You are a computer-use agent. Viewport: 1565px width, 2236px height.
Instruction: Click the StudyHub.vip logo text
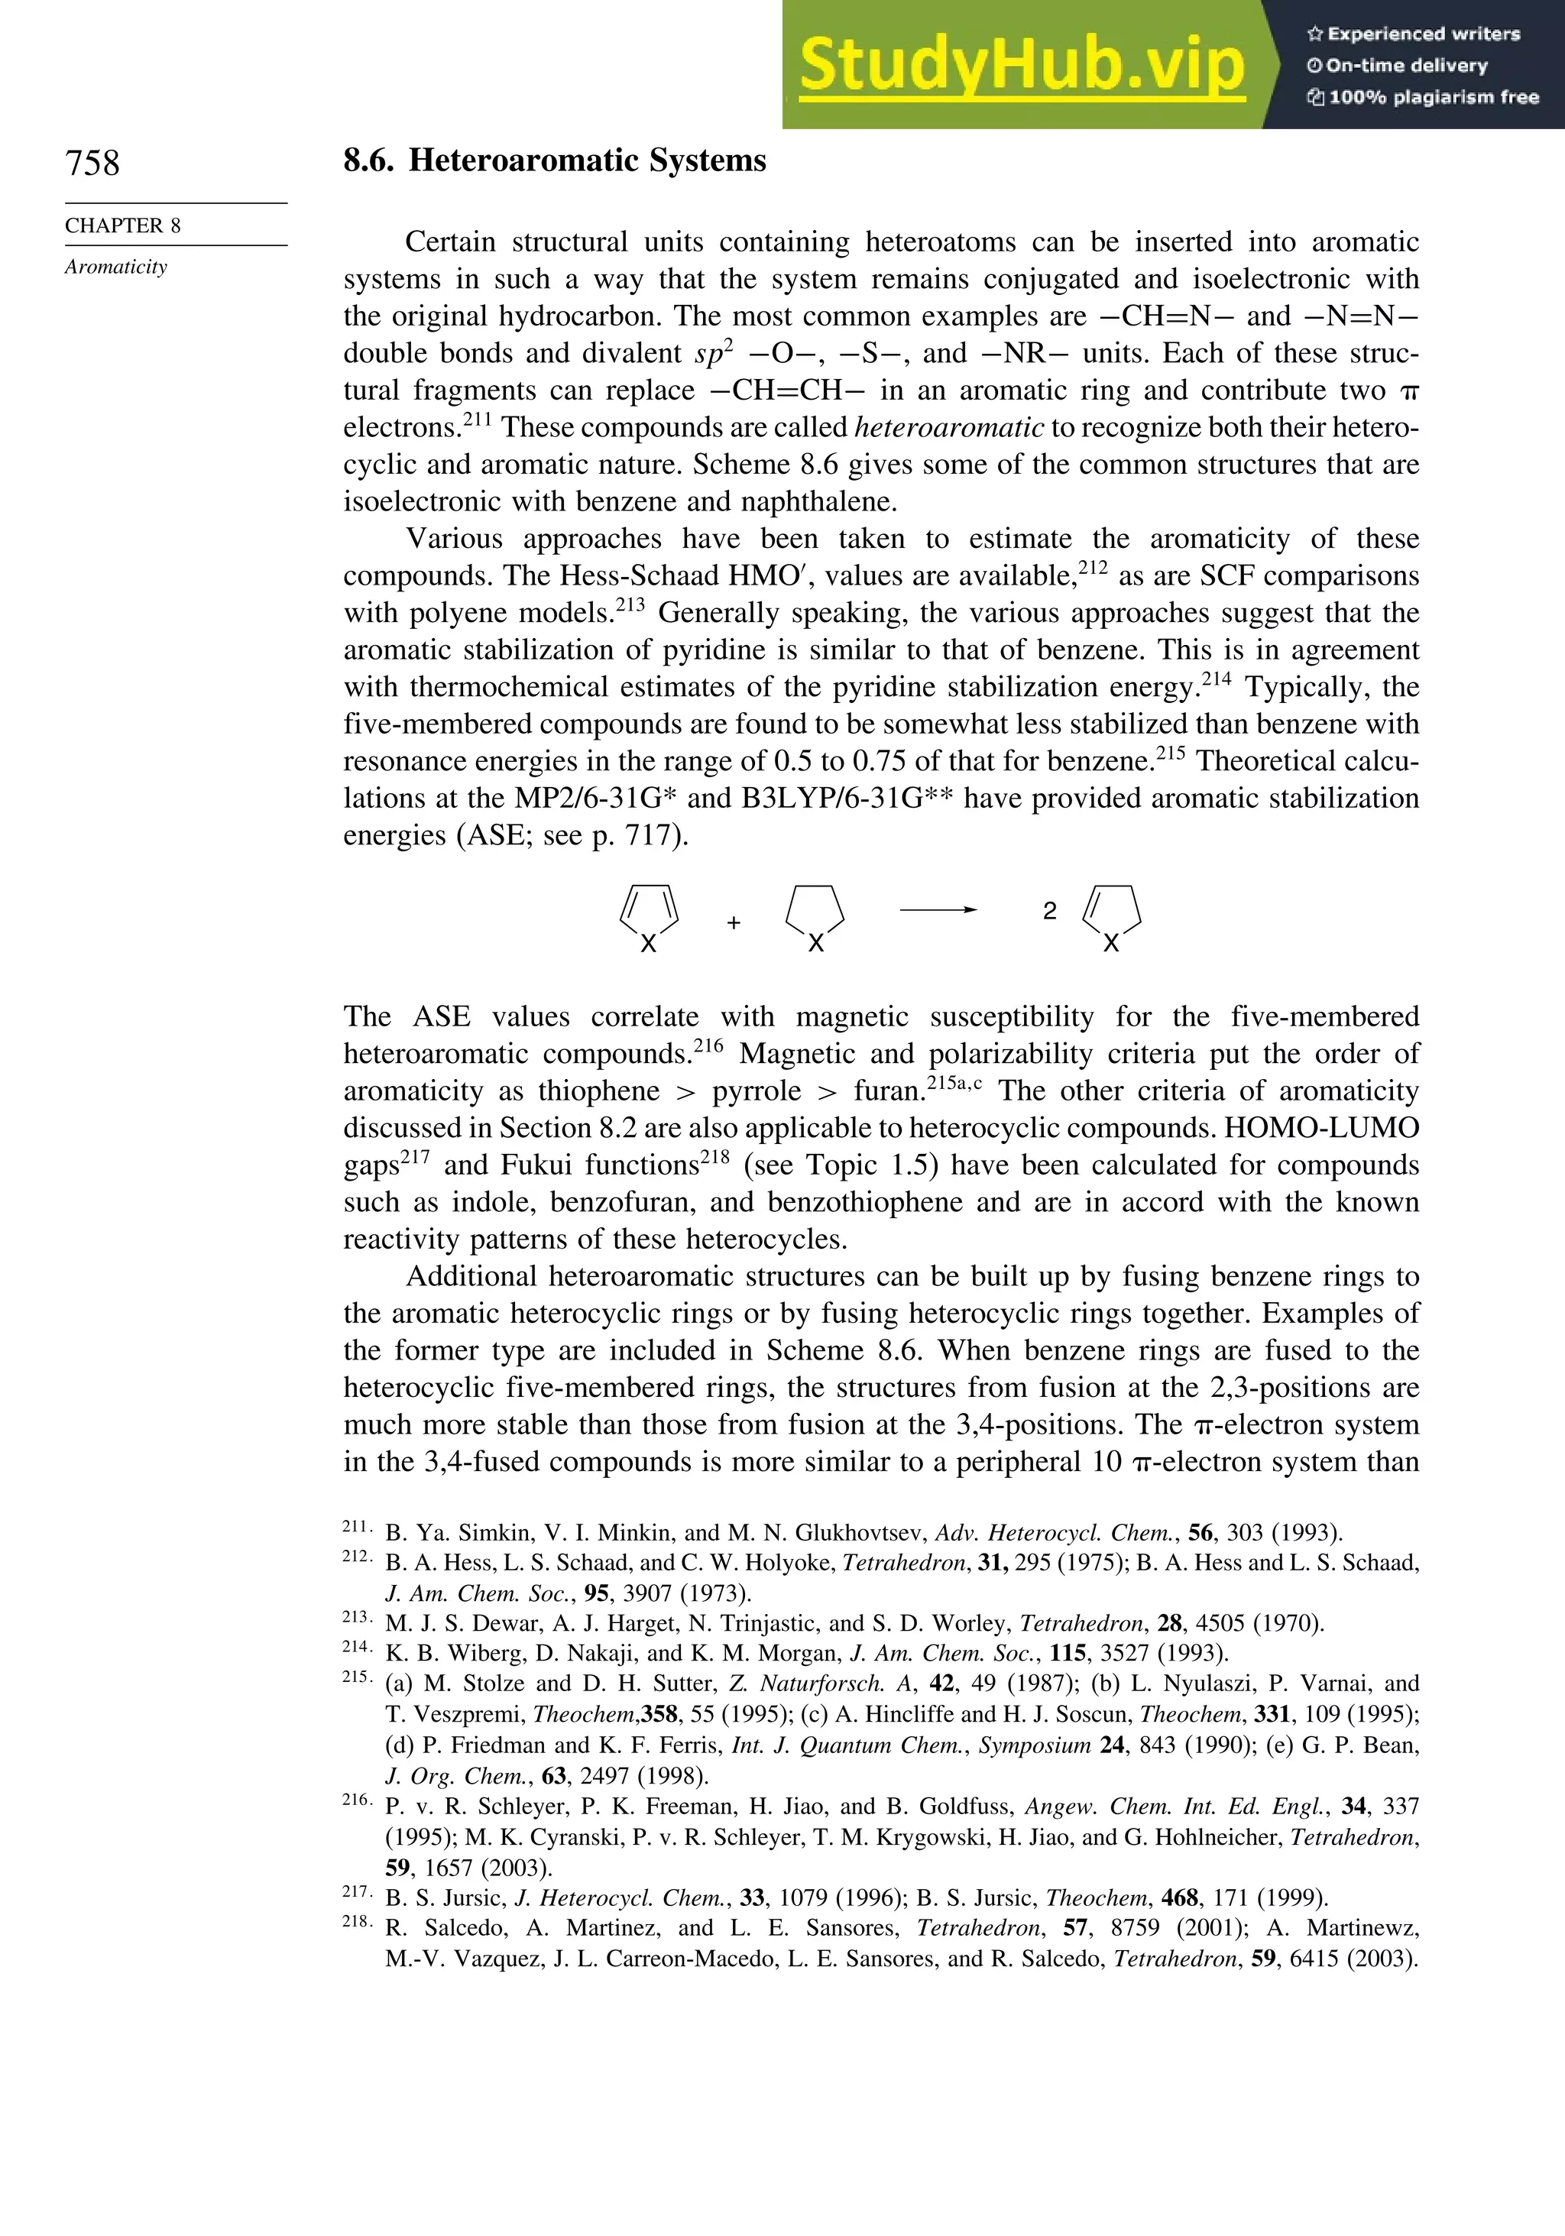pos(1021,65)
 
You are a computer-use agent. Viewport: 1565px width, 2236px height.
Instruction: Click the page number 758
pos(92,163)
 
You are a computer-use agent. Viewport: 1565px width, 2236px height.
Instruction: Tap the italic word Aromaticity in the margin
pos(116,267)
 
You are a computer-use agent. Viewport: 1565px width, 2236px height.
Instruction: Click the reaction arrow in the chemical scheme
pos(938,909)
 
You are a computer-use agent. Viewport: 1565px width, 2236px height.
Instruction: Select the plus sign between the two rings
pos(734,922)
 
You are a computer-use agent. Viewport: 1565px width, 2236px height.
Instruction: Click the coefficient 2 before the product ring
pos(1049,911)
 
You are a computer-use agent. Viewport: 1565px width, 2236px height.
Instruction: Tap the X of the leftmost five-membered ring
pos(647,944)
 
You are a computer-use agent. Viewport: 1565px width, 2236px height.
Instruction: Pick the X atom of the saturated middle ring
pos(815,944)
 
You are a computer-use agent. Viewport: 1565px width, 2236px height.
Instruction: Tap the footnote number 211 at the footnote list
pos(355,1526)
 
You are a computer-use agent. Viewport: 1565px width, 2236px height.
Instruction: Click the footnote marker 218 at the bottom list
pos(355,1921)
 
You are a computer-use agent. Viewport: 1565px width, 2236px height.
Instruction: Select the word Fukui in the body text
pos(537,1165)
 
